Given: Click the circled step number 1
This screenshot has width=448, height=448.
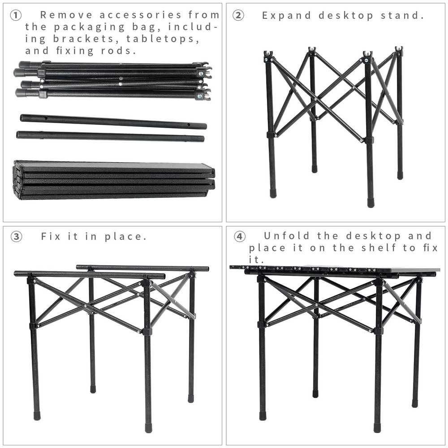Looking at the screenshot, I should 16,15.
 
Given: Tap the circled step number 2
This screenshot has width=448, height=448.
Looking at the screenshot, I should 238,15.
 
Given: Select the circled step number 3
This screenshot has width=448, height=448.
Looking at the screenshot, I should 16,237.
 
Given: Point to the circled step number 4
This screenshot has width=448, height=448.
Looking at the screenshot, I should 240,237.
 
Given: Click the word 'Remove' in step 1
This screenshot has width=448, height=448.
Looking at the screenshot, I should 67,15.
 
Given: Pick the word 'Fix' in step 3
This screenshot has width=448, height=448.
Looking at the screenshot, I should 51,237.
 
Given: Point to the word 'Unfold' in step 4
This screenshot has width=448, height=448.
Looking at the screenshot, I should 287,236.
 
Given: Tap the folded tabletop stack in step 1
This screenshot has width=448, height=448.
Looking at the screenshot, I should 114,180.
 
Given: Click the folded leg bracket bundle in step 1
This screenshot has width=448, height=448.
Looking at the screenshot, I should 112,81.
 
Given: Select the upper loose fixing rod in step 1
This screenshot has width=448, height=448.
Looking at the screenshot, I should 113,121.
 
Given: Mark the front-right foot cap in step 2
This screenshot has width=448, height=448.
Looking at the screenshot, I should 370,202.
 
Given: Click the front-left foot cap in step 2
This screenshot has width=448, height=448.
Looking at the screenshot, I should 273,193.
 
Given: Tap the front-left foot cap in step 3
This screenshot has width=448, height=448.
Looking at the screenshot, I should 37,415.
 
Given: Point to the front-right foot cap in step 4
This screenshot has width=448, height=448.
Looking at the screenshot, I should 377,427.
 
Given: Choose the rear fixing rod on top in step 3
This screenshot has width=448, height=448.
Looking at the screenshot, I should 142,268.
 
